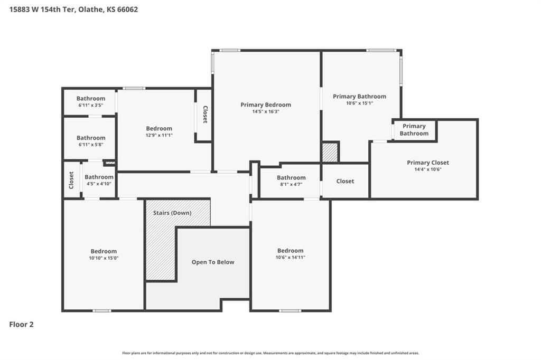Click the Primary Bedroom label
266,105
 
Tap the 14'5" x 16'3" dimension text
266,112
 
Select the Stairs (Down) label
172,213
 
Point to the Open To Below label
213,262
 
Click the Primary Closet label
428,163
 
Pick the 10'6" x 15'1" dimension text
359,103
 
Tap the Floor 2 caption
21,325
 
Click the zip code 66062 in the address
128,10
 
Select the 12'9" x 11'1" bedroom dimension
159,135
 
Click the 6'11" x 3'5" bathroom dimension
91,105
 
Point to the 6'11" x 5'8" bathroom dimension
91,145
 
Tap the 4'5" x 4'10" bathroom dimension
99,184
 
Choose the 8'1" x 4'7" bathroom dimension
291,184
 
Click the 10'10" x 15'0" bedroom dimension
104,258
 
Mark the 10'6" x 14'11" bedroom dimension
291,257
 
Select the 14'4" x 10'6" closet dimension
428,169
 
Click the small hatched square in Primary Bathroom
330,153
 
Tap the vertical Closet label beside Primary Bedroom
205,115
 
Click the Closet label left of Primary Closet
345,181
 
